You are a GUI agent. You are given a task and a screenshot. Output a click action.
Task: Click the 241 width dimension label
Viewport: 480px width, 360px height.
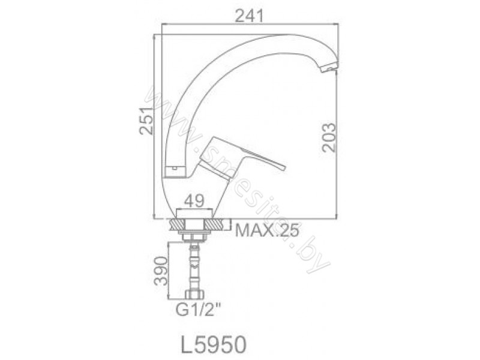(249, 16)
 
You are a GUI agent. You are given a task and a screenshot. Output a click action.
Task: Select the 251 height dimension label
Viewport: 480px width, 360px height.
(146, 121)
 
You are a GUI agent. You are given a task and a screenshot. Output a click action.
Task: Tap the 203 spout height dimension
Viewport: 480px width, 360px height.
(329, 137)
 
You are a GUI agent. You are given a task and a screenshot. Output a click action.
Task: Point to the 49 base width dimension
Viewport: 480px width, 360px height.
(194, 201)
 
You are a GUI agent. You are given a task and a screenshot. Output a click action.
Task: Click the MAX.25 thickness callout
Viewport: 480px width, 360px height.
(266, 231)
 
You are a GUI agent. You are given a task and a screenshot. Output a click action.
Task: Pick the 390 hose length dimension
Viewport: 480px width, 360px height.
(161, 271)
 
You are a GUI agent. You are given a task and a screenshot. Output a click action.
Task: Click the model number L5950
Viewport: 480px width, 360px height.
(214, 344)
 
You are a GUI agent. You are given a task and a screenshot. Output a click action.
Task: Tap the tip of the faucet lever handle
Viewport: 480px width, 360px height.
(284, 167)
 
